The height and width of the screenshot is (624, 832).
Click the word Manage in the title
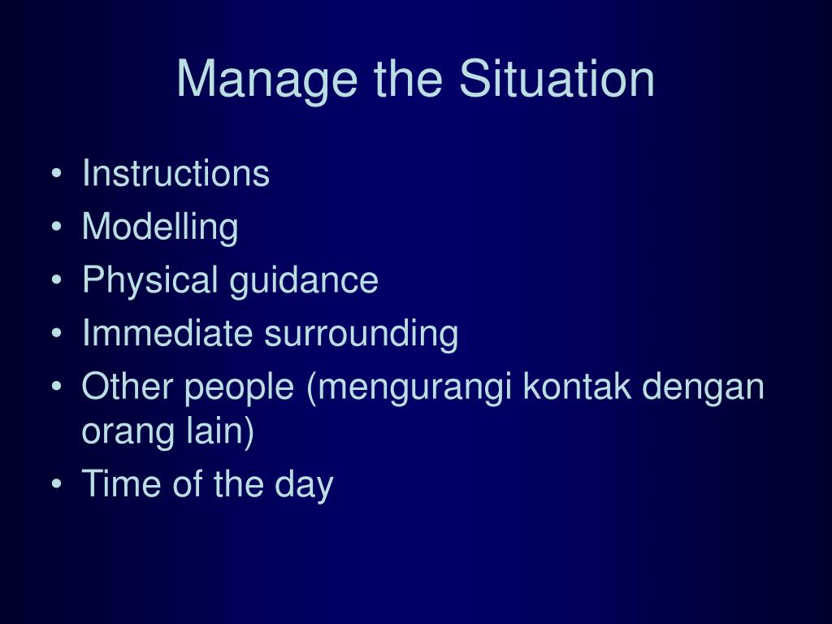point(266,80)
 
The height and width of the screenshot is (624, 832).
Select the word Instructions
point(175,173)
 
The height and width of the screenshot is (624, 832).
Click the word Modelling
point(160,227)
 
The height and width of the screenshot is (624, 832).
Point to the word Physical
point(150,279)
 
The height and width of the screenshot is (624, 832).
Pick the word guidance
point(304,279)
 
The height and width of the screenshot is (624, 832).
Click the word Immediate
point(167,332)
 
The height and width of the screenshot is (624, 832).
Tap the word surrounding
point(362,334)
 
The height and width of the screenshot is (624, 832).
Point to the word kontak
point(577,385)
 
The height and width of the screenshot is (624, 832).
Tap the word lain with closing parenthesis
point(219,431)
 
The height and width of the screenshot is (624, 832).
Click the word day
point(304,484)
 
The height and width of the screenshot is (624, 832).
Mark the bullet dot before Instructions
point(57,174)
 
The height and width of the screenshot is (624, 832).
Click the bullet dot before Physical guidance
point(57,279)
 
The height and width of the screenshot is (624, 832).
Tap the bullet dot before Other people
point(57,386)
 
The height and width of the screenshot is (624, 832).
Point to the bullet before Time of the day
point(57,483)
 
